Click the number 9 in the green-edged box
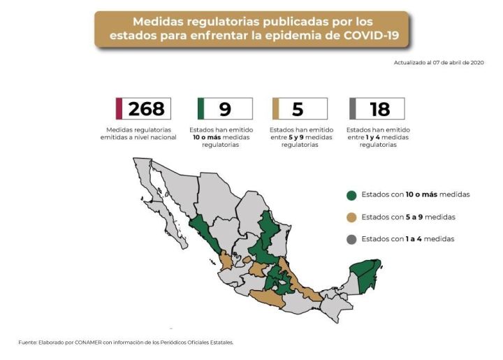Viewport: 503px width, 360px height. pos(225,108)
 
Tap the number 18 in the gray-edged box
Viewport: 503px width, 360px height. pos(379,108)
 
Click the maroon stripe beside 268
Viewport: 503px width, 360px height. pos(119,108)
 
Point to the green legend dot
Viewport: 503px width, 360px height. pos(351,194)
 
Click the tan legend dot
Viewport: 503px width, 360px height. pos(351,217)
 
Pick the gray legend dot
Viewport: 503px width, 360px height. pos(351,239)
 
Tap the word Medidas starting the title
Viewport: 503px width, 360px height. pos(158,21)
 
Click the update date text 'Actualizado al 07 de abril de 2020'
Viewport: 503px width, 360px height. pos(439,63)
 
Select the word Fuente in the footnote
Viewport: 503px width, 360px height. pos(27,342)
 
